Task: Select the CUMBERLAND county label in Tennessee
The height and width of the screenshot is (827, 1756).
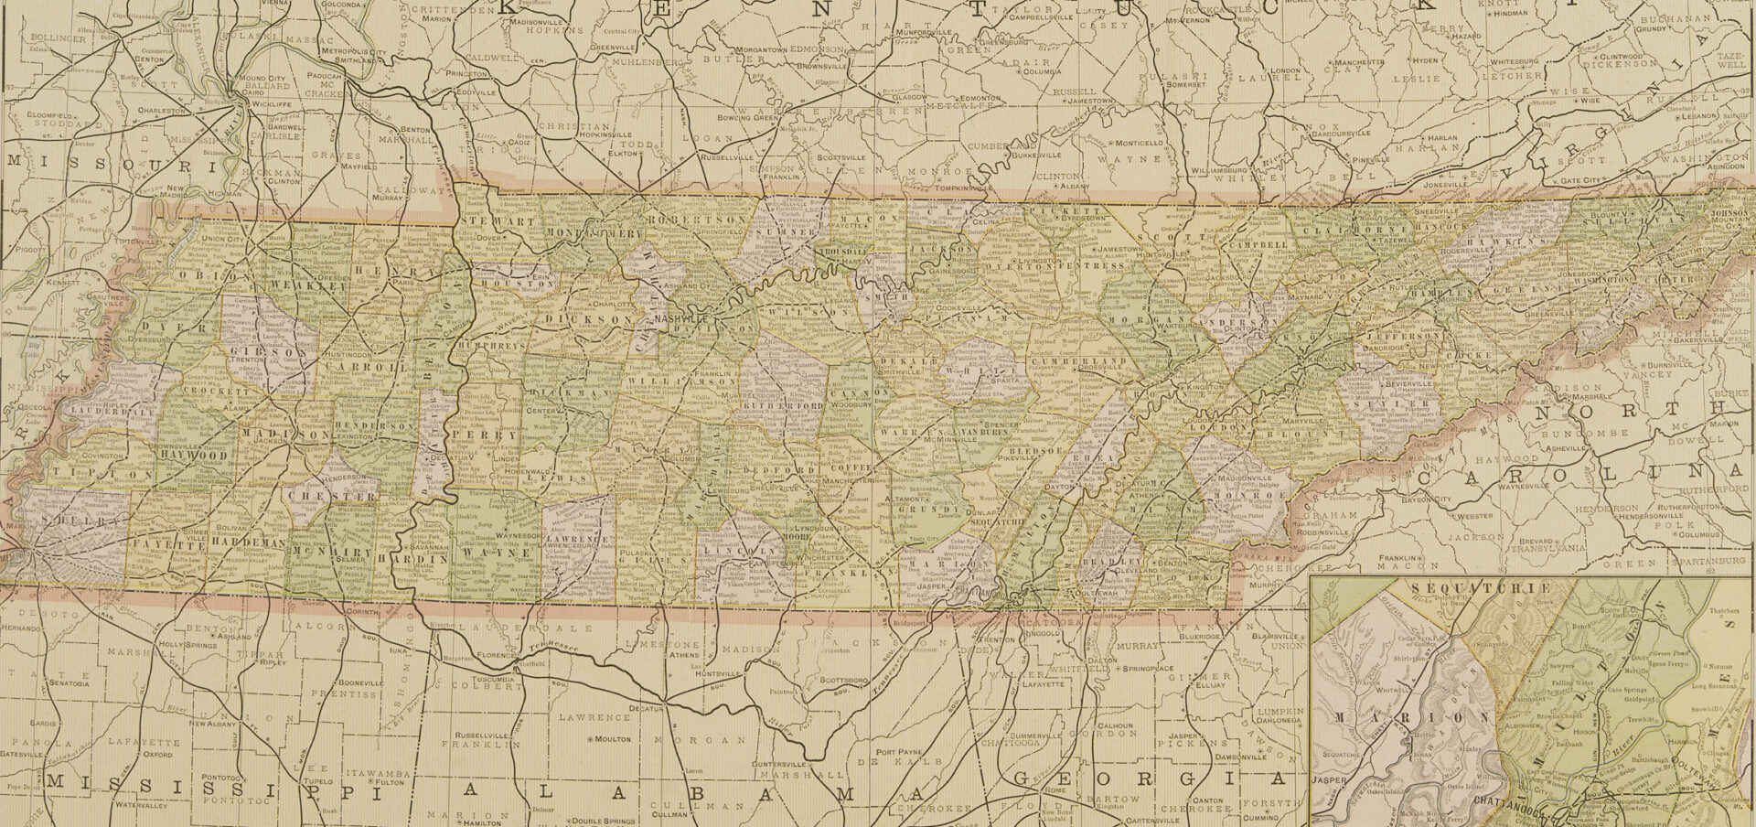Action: tap(1079, 362)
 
